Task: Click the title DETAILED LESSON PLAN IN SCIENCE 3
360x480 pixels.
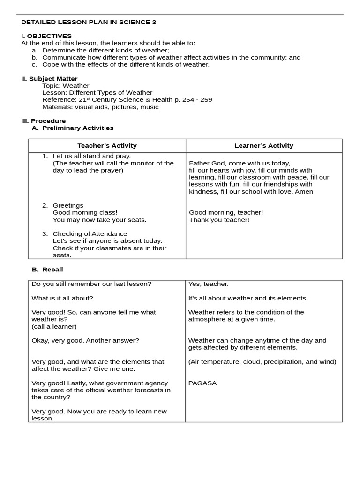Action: [89, 22]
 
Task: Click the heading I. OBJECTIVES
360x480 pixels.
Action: [46, 36]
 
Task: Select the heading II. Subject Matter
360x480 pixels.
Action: [49, 79]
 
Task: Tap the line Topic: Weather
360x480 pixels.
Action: [66, 86]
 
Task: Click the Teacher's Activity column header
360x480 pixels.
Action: [107, 145]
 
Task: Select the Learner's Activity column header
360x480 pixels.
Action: [263, 145]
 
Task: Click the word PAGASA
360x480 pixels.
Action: [202, 383]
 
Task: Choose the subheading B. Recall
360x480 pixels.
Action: [47, 270]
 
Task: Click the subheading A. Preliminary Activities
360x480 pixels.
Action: [73, 127]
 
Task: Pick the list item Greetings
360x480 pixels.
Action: [68, 205]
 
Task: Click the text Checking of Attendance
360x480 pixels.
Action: [90, 233]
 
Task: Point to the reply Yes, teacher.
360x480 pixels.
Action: [208, 284]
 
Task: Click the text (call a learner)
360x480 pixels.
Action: [54, 326]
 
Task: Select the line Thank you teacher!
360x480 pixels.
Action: [219, 219]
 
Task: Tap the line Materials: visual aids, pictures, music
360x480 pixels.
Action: [100, 107]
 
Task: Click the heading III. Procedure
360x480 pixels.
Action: [43, 121]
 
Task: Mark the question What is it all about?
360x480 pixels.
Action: [62, 298]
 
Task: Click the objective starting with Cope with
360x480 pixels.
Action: [125, 64]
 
